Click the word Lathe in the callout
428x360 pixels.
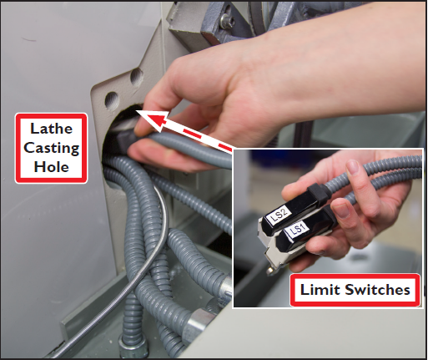coord(52,129)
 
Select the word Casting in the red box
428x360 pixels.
coord(52,148)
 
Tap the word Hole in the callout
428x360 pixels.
coord(52,167)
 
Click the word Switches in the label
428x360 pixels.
coord(377,290)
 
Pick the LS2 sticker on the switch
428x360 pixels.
coord(279,215)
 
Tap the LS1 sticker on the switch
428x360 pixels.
coord(297,231)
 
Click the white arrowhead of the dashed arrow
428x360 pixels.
coord(154,119)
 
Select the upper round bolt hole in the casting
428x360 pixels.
coord(137,77)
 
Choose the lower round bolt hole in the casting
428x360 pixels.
coord(112,100)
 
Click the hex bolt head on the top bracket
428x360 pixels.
coord(227,19)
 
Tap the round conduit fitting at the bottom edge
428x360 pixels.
coord(133,348)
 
